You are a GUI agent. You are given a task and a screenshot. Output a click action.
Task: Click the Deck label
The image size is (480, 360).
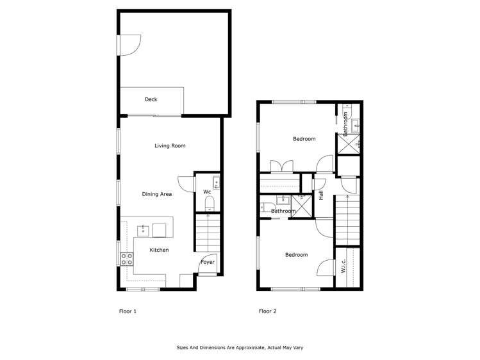[x=151, y=99]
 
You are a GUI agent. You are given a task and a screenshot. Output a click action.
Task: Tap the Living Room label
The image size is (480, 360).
[x=170, y=145]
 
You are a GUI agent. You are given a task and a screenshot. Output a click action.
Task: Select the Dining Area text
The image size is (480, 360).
[x=157, y=193]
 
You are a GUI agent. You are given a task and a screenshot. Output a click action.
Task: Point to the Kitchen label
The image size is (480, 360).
[x=159, y=250]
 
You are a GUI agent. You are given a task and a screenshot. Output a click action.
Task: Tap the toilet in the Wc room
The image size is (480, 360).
[x=208, y=204]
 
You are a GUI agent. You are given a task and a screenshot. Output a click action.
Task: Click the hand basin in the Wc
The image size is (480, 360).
[x=216, y=184]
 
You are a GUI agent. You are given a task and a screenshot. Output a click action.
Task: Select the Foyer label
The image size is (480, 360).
[x=208, y=262]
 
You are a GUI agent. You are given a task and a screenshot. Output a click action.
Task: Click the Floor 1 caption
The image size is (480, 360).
[x=128, y=311]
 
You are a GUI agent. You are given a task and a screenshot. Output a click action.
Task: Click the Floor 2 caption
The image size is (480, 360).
[x=267, y=311]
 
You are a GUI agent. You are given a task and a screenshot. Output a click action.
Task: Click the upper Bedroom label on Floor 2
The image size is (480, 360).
[x=304, y=139]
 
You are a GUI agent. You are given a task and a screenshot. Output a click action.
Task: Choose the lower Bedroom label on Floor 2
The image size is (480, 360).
[x=296, y=255]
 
